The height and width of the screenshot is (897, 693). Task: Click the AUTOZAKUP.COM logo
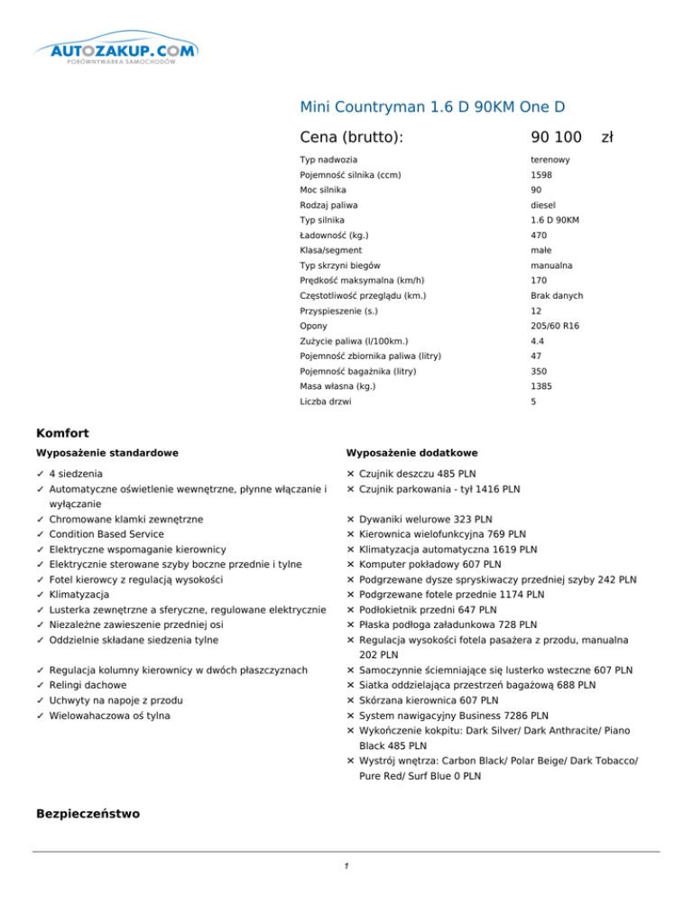click(125, 52)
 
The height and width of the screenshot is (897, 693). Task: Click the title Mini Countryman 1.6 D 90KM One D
click(432, 108)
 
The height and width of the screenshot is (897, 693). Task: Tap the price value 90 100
click(556, 137)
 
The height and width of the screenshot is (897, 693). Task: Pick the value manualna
click(550, 266)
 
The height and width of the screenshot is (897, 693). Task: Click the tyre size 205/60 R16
click(557, 325)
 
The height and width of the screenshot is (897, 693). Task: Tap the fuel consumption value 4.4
click(539, 342)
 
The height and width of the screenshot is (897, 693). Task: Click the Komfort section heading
click(62, 433)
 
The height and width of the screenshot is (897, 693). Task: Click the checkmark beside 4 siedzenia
click(41, 474)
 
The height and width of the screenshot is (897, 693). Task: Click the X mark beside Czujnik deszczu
click(350, 474)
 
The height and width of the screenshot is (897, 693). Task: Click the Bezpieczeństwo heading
click(88, 814)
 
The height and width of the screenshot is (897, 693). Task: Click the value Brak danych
click(557, 296)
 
